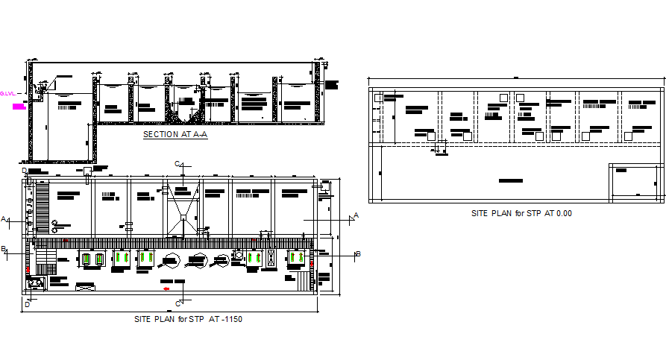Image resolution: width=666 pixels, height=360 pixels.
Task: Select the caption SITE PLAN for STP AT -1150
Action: [x=188, y=319]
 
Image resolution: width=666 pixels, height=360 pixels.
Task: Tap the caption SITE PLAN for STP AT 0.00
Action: [x=521, y=213]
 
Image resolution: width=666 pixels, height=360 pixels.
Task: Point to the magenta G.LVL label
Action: [x=7, y=93]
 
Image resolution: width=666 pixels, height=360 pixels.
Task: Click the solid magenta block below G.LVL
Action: [x=19, y=107]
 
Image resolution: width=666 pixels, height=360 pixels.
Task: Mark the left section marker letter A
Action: [x=4, y=219]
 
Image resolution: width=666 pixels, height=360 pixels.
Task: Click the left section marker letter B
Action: [x=4, y=249]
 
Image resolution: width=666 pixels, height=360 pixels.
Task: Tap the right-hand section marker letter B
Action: [x=358, y=254]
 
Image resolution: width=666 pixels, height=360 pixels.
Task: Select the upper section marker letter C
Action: [x=177, y=163]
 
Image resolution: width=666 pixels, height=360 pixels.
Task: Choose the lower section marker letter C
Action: [x=178, y=303]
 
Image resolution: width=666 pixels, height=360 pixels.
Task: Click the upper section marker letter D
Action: [x=25, y=171]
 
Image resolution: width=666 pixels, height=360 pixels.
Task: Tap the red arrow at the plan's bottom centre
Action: [x=166, y=288]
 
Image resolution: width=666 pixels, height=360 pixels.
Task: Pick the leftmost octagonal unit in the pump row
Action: [x=170, y=260]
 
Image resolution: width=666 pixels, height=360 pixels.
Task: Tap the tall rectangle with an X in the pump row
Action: [x=271, y=258]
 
